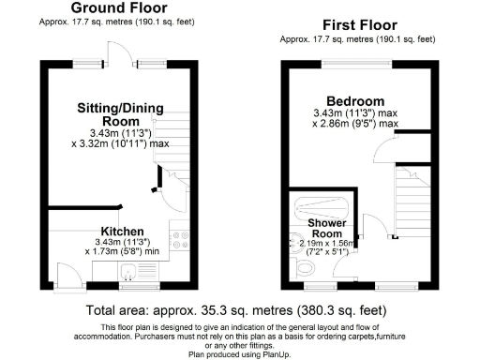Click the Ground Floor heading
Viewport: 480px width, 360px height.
click(119, 8)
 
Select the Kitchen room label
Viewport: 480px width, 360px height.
click(122, 231)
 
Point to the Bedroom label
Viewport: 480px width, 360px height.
click(355, 101)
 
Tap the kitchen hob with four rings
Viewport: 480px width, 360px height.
click(181, 243)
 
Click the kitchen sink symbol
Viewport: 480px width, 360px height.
click(127, 271)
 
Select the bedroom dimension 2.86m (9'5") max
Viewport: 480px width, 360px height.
click(358, 123)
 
